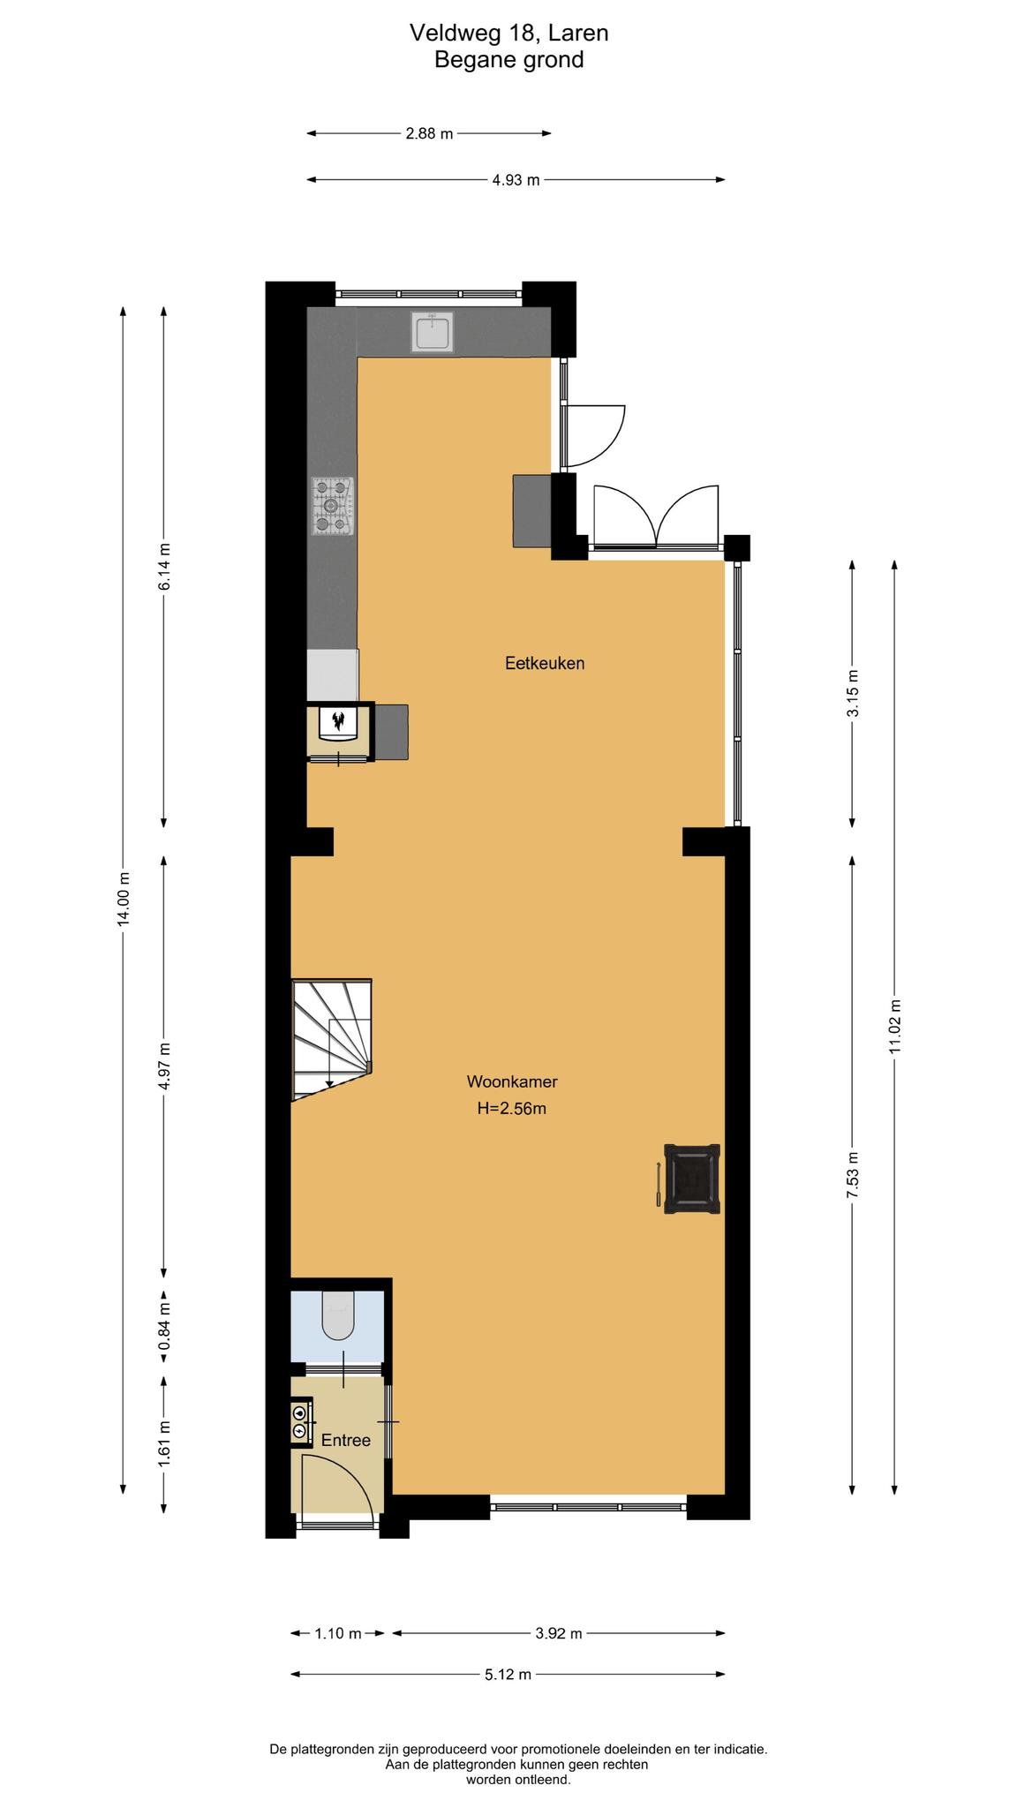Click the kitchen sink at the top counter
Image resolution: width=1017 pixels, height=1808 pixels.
(x=433, y=332)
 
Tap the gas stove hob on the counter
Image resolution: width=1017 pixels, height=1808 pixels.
(x=332, y=506)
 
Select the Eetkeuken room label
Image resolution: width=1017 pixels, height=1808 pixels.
(x=545, y=663)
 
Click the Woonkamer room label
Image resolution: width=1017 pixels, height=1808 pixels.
(x=512, y=1081)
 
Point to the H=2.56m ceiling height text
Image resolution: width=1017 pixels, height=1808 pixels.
(x=512, y=1109)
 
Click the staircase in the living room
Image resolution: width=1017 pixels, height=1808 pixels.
(x=332, y=1039)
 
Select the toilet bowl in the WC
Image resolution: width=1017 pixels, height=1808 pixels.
(x=338, y=1315)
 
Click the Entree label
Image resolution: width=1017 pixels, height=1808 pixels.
(x=345, y=1440)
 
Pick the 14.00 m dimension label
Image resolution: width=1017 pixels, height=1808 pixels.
(x=124, y=898)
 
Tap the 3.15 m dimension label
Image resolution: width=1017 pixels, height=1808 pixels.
(x=853, y=694)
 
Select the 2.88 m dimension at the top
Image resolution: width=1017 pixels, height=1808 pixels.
(x=429, y=134)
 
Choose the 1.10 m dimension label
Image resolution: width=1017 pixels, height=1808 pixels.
(x=338, y=1634)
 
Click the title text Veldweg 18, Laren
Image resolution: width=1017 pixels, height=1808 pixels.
(x=509, y=34)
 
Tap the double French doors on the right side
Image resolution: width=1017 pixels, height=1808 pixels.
(x=656, y=517)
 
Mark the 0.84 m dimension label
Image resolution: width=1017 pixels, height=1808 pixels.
(x=164, y=1327)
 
